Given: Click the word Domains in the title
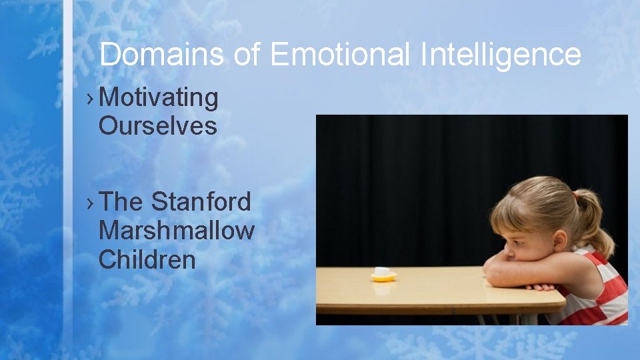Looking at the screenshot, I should pos(161,54).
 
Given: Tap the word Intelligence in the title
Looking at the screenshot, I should pos(501,54).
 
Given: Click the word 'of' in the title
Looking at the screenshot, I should pos(247,54).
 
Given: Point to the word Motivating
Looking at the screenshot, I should pos(159,98).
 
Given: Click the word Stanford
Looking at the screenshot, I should pos(201,202).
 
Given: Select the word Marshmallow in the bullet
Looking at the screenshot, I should pos(176,231).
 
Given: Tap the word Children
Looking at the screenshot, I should pos(147,259).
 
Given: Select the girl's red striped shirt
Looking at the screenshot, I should pos(603,293).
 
